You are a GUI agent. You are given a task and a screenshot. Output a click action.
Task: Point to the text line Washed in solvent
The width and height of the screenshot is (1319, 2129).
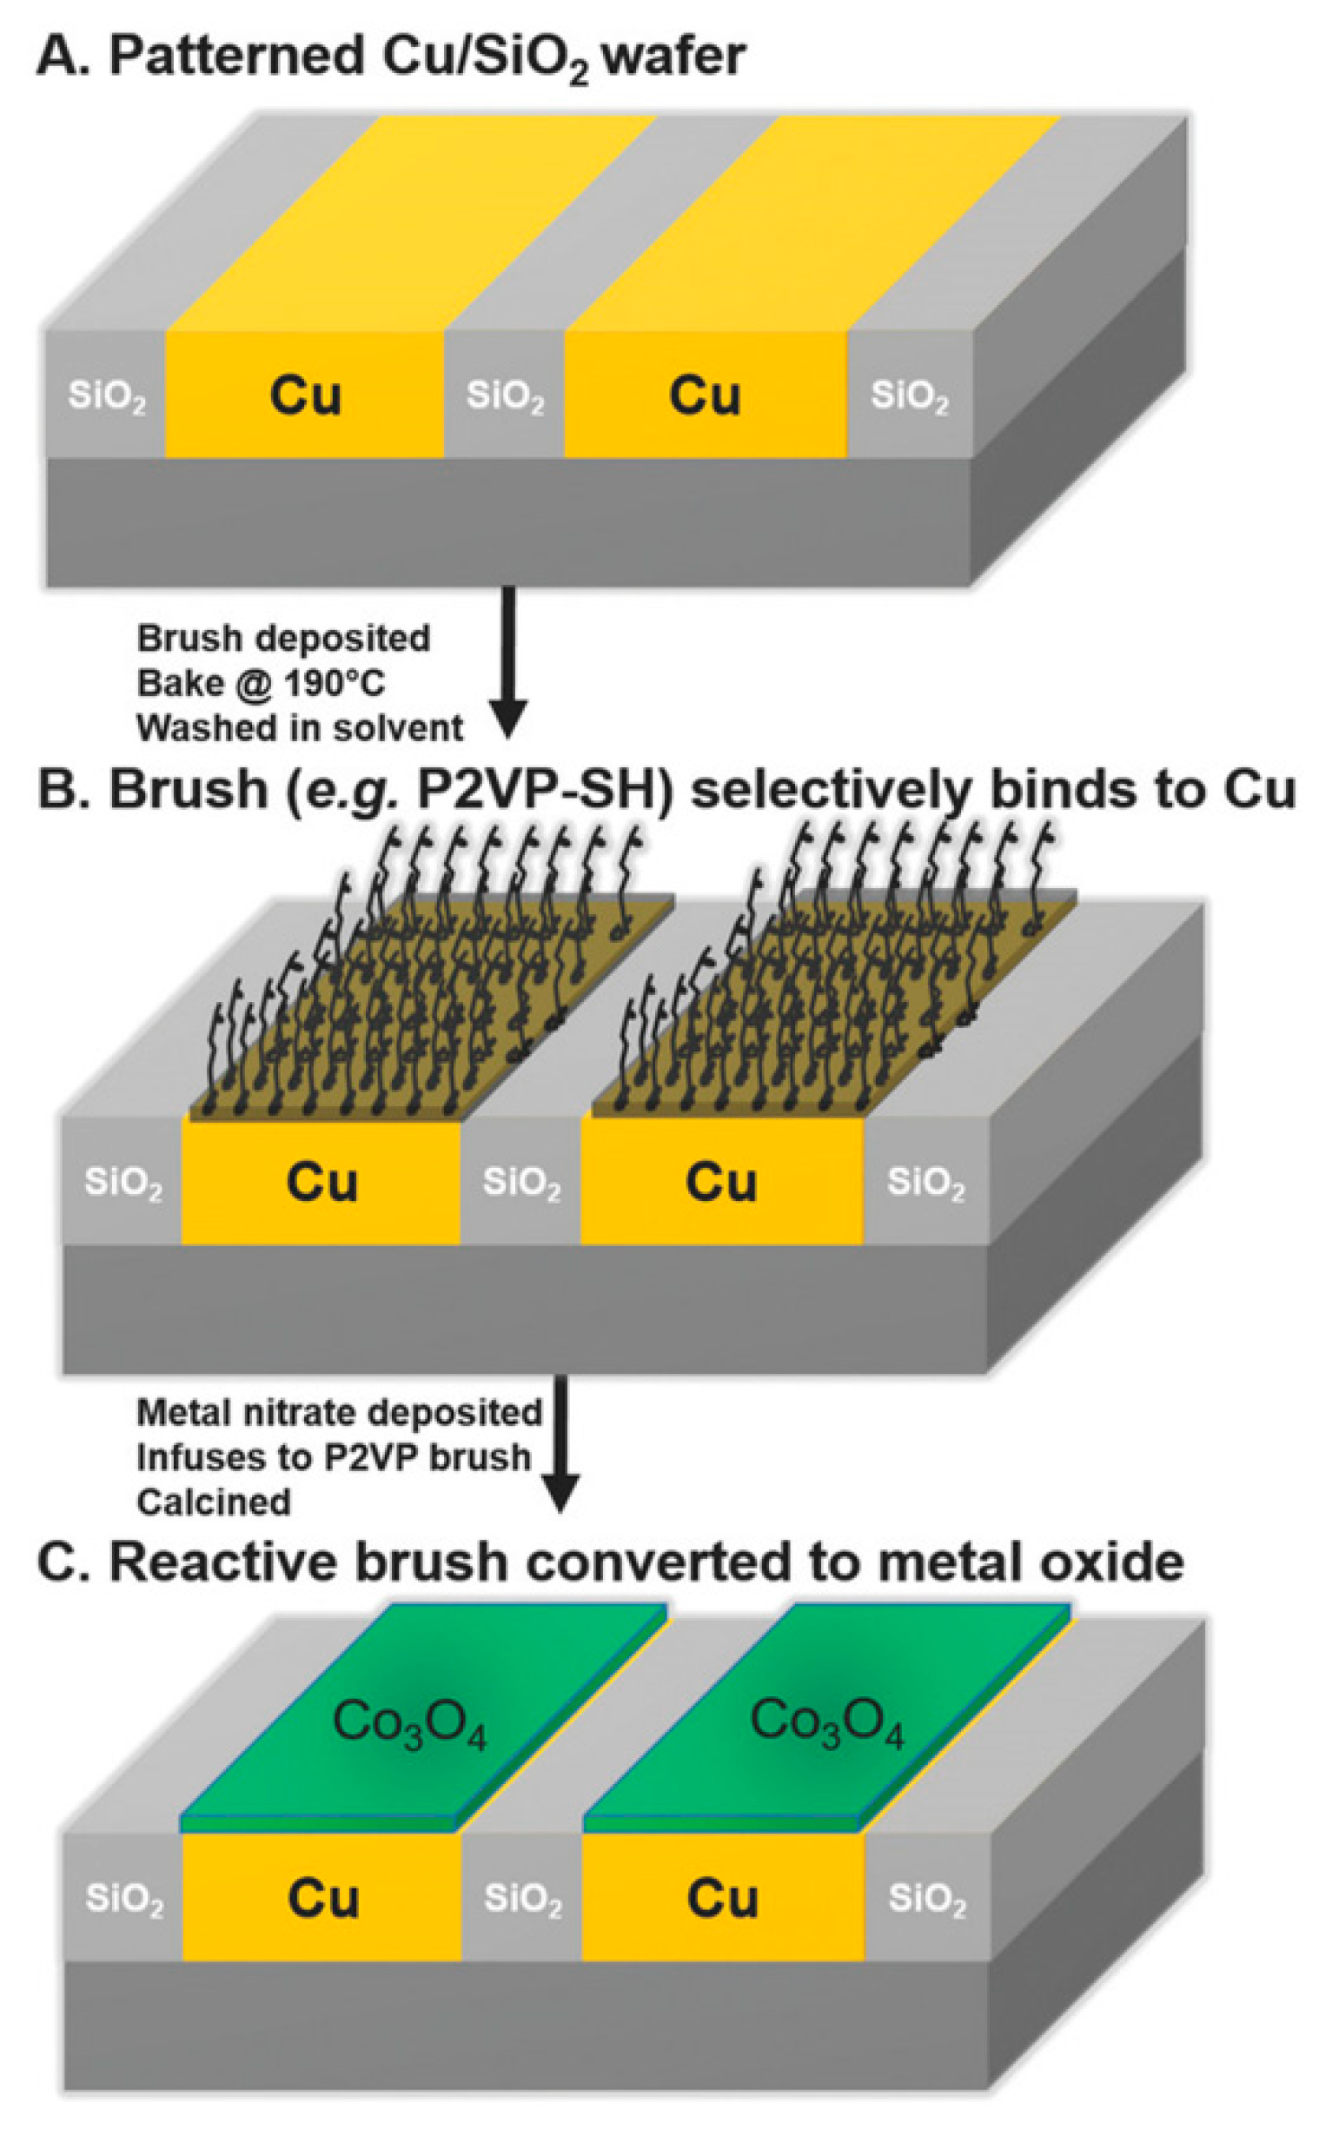(x=300, y=727)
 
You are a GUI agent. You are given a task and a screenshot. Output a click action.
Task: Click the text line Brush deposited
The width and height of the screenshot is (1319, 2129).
(x=283, y=639)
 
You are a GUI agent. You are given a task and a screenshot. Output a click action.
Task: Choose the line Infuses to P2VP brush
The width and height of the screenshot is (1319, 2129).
(x=335, y=1457)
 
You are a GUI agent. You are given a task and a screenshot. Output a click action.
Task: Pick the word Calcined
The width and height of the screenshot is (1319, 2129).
(x=214, y=1502)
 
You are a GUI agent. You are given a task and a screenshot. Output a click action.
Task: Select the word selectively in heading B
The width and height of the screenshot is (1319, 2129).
(x=831, y=789)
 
